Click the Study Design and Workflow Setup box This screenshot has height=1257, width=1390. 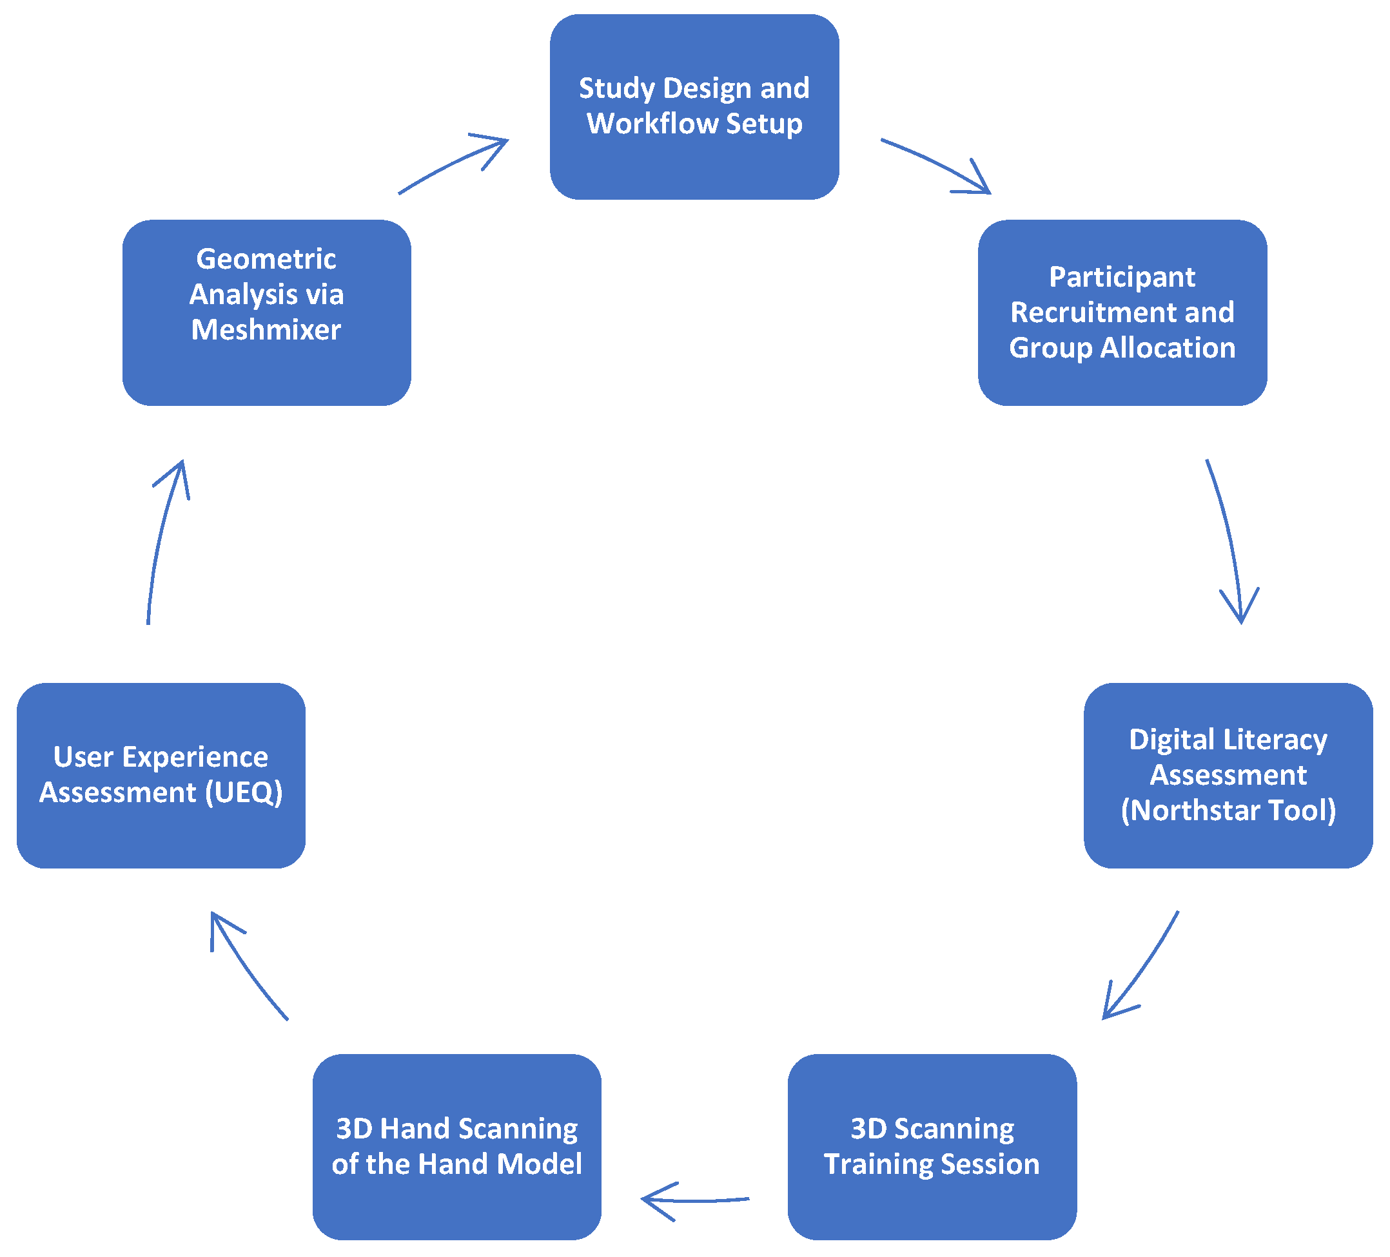[x=694, y=107]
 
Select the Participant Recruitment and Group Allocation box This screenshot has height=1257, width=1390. [x=1122, y=312]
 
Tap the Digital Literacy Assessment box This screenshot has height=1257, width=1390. [x=1228, y=775]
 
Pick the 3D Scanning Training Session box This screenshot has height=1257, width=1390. [x=932, y=1146]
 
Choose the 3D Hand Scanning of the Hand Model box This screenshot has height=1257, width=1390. [x=456, y=1146]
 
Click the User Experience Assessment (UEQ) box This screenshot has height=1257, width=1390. [x=161, y=775]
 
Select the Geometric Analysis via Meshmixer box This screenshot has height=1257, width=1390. [x=267, y=312]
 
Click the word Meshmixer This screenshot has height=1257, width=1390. [x=266, y=330]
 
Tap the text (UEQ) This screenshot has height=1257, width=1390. [x=244, y=792]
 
